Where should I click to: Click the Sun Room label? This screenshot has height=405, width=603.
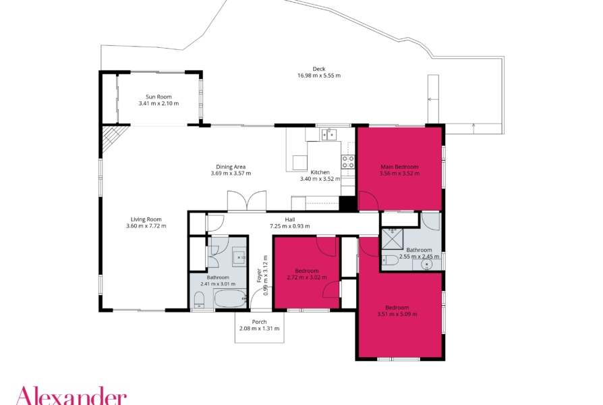[x=159, y=97]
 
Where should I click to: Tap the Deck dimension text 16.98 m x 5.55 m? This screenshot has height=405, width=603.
[x=319, y=76]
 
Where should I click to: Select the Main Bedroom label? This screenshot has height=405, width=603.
[x=399, y=167]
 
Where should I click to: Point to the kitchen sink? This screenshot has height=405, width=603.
[x=329, y=134]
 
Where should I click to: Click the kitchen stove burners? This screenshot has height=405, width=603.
[x=348, y=161]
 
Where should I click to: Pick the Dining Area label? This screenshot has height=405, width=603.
[x=231, y=167]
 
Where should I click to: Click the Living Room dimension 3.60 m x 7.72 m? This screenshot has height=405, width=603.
[x=146, y=226]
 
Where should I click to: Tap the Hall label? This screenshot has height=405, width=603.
[x=290, y=219]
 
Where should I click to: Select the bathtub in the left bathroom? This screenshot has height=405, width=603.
[x=230, y=299]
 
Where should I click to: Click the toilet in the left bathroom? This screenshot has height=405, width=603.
[x=199, y=300]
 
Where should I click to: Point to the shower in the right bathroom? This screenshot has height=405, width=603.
[x=393, y=239]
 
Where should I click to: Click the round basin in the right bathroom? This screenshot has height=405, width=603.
[x=426, y=265]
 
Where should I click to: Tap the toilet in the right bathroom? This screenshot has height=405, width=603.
[x=390, y=261]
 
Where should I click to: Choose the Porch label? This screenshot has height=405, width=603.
[x=259, y=322]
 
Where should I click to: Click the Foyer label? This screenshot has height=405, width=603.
[x=259, y=275]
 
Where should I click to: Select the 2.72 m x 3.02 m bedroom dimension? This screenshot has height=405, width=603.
[x=307, y=277]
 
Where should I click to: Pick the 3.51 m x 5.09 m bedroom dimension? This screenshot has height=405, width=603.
[x=397, y=314]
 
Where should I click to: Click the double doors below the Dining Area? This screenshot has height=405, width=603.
[x=246, y=200]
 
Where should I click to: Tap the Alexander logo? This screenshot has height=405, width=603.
[x=71, y=396]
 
